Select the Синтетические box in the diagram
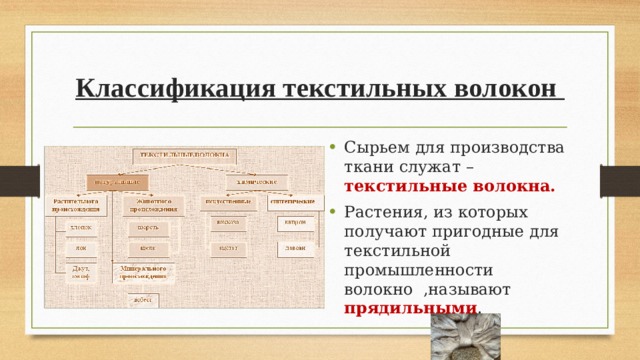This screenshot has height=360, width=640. (293, 202)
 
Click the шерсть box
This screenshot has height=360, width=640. (147, 227)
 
